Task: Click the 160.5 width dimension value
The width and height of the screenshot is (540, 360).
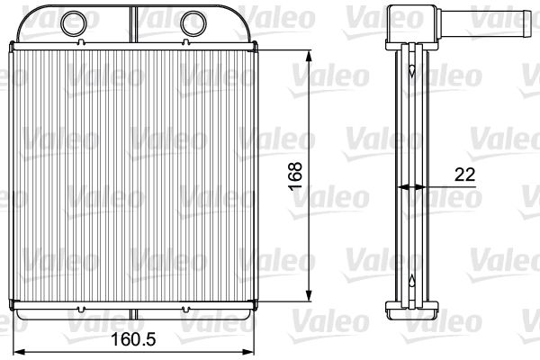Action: [x=133, y=339]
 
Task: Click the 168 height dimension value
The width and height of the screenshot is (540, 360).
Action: [x=295, y=176]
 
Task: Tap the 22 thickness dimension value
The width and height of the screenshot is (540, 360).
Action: [x=465, y=175]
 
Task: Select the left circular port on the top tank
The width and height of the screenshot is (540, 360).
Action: [x=74, y=23]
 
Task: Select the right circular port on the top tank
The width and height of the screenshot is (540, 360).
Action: [x=193, y=23]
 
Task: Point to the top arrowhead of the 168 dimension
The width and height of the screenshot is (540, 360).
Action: [x=309, y=58]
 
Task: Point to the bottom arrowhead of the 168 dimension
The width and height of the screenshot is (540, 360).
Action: [x=309, y=295]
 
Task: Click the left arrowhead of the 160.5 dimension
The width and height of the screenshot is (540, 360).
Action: [x=19, y=352]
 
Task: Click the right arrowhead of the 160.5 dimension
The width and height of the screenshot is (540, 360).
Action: [x=247, y=352]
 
